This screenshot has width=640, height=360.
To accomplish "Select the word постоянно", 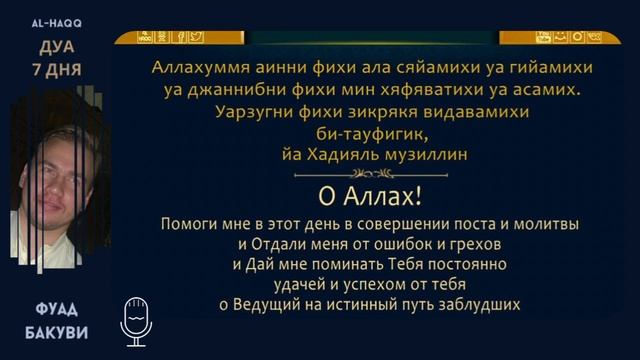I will pos(466,264).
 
